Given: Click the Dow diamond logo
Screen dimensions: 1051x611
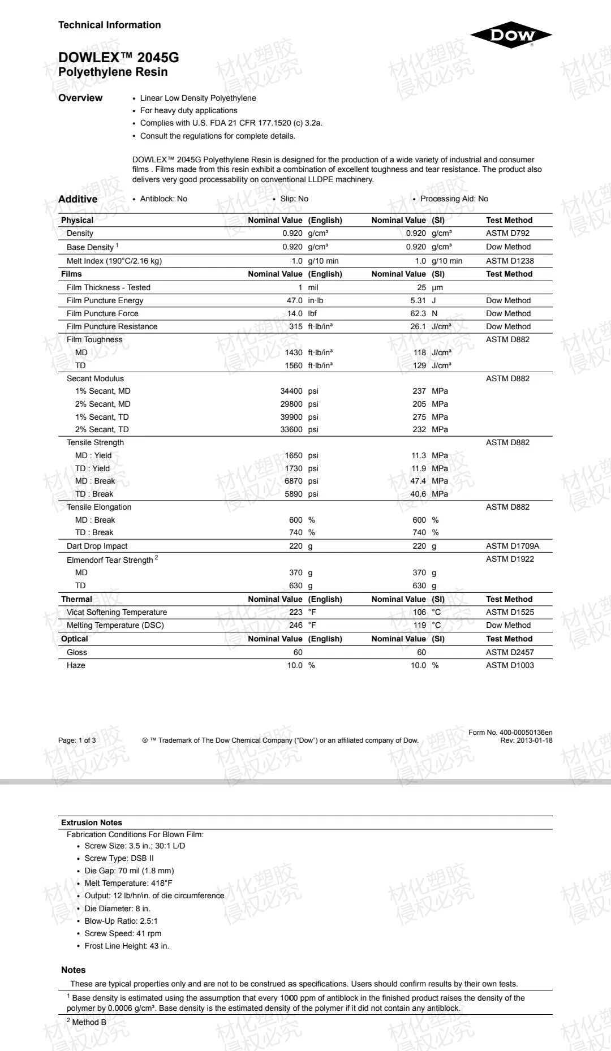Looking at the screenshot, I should click(511, 36).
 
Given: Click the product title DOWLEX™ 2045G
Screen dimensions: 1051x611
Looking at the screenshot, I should click(118, 57).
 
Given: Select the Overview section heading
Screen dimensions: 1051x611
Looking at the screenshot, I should click(80, 98).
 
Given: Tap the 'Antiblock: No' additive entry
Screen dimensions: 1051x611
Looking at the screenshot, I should click(163, 199).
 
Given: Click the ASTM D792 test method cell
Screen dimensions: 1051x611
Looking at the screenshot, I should click(507, 233).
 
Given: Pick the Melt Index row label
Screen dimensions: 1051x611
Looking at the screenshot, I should click(114, 261).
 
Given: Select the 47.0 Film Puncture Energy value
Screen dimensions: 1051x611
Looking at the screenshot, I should click(294, 300).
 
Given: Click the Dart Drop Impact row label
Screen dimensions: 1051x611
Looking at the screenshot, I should click(97, 546).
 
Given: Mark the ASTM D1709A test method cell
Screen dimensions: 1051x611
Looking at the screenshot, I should click(513, 546).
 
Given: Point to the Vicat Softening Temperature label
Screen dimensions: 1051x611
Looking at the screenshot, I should click(117, 612).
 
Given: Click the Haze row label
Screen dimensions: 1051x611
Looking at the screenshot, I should click(76, 665).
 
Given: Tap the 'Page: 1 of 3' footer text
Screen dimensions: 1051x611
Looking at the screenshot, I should click(77, 740).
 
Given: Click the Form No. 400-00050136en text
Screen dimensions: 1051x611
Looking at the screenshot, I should click(510, 732).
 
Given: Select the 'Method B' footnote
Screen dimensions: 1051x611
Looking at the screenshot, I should click(89, 1022).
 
